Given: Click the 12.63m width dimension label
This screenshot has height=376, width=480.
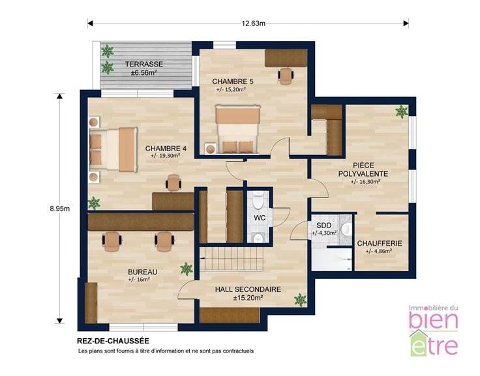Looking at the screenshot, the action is pos(253,23).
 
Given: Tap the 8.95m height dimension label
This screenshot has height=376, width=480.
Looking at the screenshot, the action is pos(60,209).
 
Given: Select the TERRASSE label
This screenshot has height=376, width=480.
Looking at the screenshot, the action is pos(144,65).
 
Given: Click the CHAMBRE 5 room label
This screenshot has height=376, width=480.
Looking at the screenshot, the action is pos(233,81).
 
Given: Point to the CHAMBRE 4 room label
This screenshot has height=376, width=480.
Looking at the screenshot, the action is pos(166,149).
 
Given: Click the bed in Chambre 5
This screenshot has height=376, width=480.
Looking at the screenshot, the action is pos(237,129).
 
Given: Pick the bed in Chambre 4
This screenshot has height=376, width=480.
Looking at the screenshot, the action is pos(113,150).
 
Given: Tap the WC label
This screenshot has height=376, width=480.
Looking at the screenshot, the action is pos(260,218).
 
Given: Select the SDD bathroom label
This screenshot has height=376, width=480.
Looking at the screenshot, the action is pos(324,225).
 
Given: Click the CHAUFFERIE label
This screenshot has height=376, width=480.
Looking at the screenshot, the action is pos(380,244).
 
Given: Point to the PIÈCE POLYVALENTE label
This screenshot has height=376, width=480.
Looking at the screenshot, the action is pos(363,169).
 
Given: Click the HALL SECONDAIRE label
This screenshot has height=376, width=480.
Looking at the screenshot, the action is pos(248,289).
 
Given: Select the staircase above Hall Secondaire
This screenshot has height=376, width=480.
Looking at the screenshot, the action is pos(232,259).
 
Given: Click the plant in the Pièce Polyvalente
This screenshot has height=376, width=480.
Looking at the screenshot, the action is pos(401,111).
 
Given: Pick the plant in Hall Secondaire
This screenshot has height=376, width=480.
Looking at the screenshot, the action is pos(300,300).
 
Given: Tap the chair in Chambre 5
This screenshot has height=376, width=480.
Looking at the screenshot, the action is pos(286,76).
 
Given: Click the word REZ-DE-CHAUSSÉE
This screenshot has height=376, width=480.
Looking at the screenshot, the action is pos(113,341).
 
